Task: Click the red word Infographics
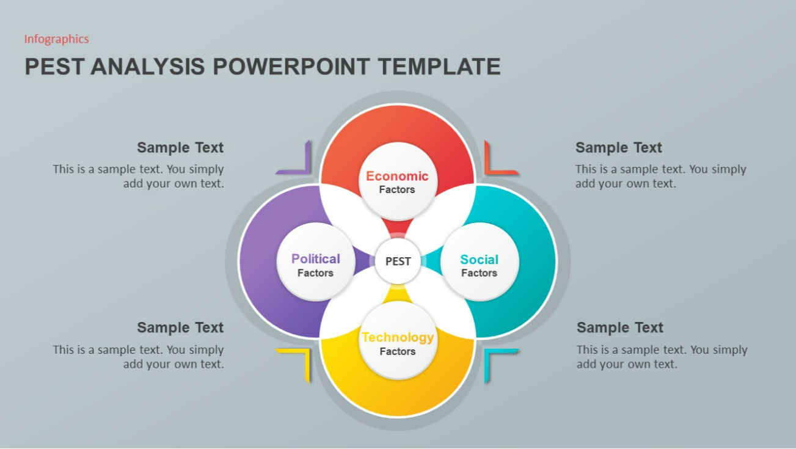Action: [x=56, y=39]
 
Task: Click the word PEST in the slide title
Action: [x=55, y=67]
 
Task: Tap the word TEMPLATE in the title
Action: [x=439, y=67]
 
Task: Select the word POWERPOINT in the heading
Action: [x=291, y=67]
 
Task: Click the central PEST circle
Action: [x=398, y=261]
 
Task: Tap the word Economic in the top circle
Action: [x=397, y=176]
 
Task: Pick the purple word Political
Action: [x=316, y=258]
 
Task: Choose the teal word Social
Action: [x=480, y=259]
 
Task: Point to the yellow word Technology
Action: [x=398, y=337]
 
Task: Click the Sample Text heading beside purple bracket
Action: [x=180, y=147]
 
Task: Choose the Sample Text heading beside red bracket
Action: [x=619, y=147]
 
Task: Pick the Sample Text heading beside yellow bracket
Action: [x=180, y=327]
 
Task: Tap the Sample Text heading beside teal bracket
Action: [x=619, y=327]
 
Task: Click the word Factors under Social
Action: [x=479, y=273]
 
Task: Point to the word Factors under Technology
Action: [x=398, y=351]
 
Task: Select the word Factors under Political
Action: [x=316, y=273]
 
